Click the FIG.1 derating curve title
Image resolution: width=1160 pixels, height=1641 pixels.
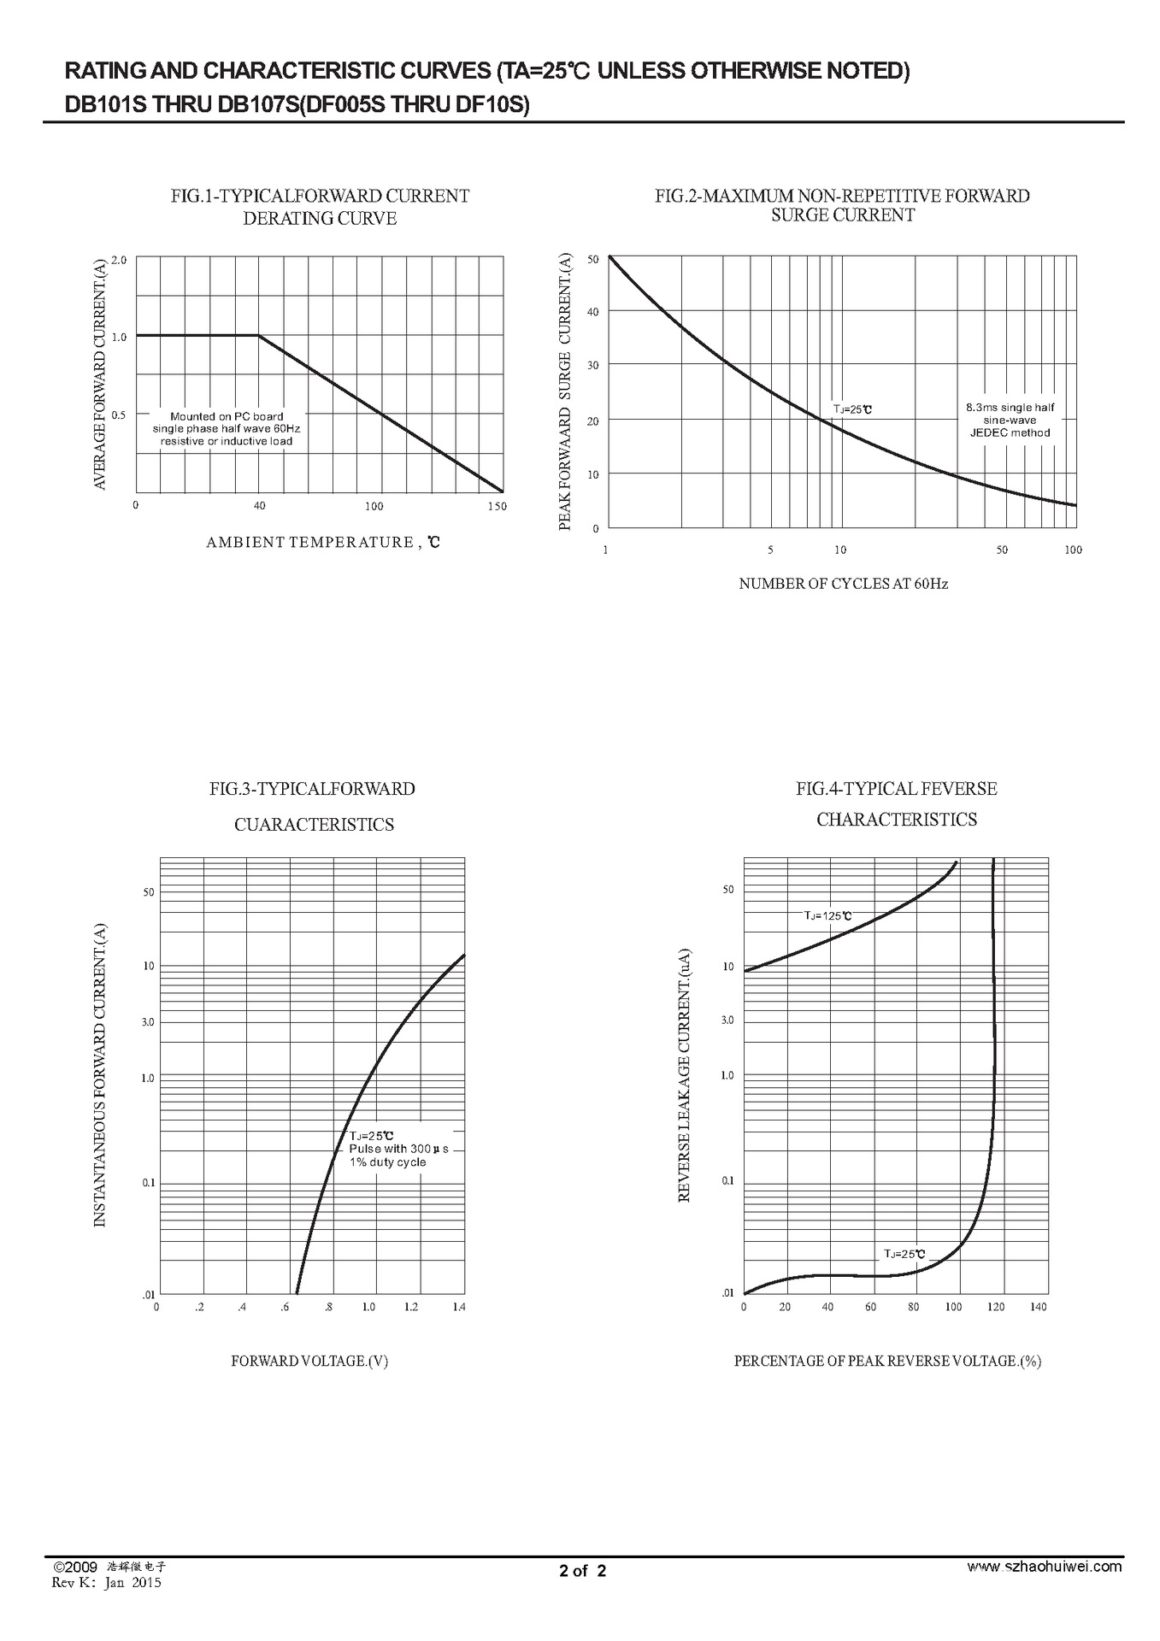320,207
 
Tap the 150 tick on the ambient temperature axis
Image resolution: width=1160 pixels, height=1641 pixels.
497,506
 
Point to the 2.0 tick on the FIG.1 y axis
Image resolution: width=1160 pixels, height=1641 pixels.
119,260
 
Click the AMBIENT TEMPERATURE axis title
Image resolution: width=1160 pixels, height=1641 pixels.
322,542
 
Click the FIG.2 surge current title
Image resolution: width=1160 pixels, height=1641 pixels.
842,205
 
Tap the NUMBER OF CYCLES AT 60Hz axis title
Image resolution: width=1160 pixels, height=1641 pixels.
843,584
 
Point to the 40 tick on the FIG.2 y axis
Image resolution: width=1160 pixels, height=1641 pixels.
592,312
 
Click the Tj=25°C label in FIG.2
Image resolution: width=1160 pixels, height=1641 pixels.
852,409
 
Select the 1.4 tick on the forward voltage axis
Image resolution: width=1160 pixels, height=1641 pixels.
459,1307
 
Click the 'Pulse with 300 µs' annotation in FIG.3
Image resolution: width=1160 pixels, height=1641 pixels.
398,1149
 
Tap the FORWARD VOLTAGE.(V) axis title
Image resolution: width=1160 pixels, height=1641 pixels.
309,1361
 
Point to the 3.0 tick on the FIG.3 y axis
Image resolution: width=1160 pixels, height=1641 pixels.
148,1022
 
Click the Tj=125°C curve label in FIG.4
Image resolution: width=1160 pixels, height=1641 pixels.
827,915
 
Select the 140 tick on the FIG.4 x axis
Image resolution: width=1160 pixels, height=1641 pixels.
1038,1307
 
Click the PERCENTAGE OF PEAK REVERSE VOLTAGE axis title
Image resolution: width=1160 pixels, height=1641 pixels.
887,1361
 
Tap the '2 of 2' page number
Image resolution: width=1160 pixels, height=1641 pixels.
582,1570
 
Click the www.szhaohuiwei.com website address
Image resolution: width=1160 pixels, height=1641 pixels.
1044,1567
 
